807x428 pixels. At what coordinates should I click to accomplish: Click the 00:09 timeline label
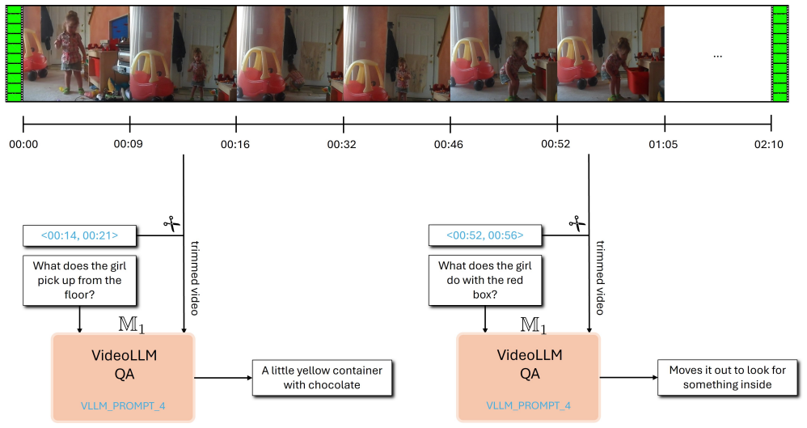click(128, 144)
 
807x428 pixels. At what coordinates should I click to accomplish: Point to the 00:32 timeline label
click(342, 144)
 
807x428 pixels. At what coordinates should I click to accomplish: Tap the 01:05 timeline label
click(663, 144)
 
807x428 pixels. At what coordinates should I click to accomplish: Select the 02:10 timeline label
click(769, 144)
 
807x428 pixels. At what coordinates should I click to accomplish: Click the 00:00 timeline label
click(23, 144)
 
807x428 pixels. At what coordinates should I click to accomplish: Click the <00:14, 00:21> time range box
click(79, 235)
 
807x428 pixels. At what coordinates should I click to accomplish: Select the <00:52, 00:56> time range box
click(485, 235)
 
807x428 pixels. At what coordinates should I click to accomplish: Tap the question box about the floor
click(79, 280)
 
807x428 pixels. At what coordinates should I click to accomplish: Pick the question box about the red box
click(485, 280)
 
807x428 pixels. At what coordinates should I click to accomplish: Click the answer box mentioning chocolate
click(322, 378)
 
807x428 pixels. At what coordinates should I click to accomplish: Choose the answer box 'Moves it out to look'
click(727, 378)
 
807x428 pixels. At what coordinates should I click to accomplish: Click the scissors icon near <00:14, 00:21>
click(172, 224)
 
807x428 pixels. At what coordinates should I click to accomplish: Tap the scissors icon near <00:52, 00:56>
click(577, 224)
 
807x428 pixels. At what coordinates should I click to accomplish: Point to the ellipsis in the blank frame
click(717, 56)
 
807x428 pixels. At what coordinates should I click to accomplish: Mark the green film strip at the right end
click(780, 53)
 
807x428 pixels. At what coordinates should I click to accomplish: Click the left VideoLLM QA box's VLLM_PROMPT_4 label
click(123, 406)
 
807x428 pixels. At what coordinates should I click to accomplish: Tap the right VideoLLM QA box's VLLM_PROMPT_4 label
click(529, 406)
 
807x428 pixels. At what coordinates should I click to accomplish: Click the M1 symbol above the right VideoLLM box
click(533, 325)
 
